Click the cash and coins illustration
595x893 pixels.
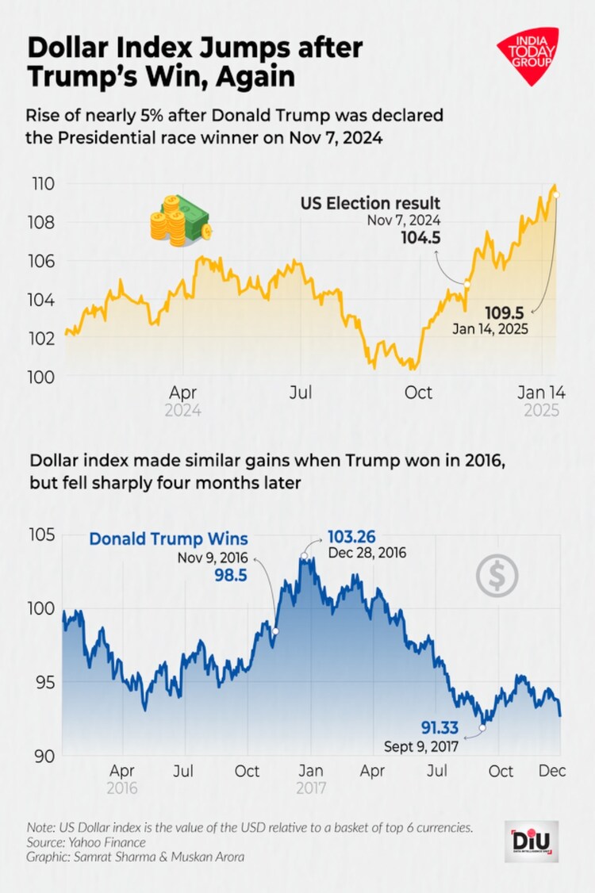tap(180, 218)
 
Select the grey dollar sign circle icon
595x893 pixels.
tap(497, 576)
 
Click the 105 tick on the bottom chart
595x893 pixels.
tap(46, 535)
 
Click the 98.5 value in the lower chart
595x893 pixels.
tap(230, 572)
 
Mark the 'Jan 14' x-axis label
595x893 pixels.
tap(542, 393)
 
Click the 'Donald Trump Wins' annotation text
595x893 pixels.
tap(168, 538)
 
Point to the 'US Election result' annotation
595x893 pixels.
tap(370, 203)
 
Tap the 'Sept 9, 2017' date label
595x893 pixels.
tap(421, 746)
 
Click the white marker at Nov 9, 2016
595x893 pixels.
tap(276, 631)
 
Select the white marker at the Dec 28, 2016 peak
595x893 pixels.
tap(304, 556)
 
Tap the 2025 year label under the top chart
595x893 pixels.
tap(542, 411)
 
